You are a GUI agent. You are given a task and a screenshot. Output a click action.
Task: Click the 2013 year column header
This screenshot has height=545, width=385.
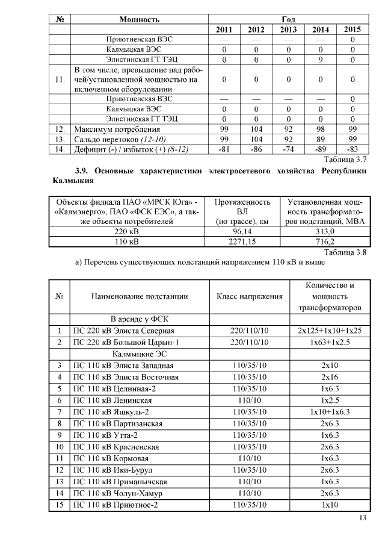[289, 30]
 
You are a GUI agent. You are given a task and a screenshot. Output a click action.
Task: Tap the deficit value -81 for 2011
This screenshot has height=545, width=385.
[224, 150]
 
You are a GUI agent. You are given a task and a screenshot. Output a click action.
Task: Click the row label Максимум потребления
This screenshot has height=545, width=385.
[117, 129]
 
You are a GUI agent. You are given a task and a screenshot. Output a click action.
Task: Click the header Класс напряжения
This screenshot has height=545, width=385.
[250, 296]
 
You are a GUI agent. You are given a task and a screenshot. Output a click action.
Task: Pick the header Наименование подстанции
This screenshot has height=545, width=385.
[140, 296]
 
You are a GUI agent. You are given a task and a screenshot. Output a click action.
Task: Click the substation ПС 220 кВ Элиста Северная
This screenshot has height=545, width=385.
[123, 331]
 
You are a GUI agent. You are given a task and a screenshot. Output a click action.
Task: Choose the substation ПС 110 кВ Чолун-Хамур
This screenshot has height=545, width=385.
[117, 493]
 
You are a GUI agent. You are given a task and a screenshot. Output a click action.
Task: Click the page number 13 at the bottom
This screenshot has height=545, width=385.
[362, 519]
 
